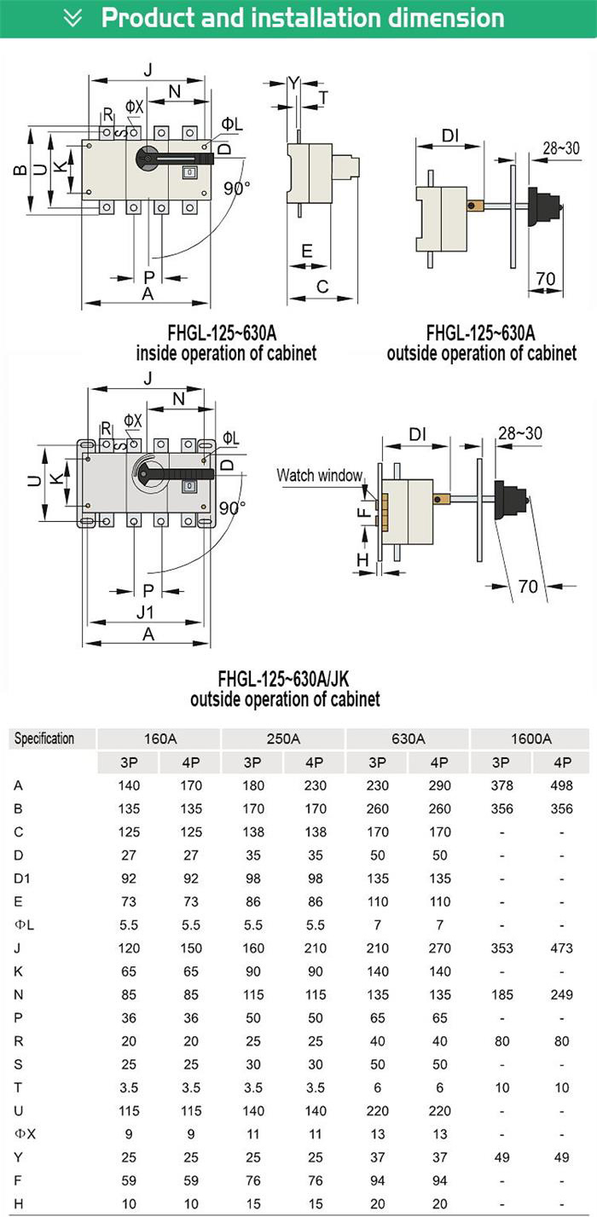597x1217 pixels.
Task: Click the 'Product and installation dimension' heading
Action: click(x=302, y=17)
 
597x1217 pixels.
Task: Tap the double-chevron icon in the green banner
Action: click(x=73, y=17)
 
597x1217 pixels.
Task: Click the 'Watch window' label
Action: click(x=319, y=475)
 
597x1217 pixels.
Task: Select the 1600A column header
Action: click(x=530, y=739)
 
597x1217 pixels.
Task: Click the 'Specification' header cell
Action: click(x=44, y=739)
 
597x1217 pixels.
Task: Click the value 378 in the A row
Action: click(x=501, y=785)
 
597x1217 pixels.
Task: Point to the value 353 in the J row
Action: click(x=501, y=948)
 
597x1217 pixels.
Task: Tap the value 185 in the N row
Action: click(x=501, y=994)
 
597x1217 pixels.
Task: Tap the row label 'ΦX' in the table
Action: click(x=23, y=1133)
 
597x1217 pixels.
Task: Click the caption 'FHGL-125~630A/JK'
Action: click(x=283, y=680)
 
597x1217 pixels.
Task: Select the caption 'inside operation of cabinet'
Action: click(x=226, y=352)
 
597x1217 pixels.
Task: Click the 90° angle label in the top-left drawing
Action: click(x=237, y=188)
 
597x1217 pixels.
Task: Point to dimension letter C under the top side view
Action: click(x=322, y=287)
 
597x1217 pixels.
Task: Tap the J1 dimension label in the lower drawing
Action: click(x=145, y=612)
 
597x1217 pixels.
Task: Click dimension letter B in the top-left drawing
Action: click(x=19, y=169)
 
